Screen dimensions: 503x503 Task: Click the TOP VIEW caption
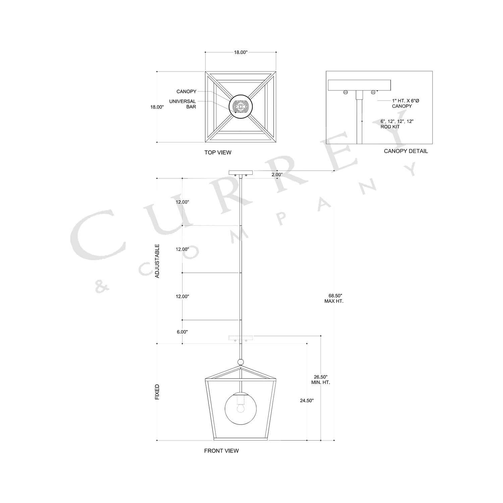(x=218, y=153)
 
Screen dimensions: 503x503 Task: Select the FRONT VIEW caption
(x=221, y=451)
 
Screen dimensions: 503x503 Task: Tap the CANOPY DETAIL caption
(x=406, y=151)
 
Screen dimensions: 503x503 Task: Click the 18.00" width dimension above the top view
(x=240, y=52)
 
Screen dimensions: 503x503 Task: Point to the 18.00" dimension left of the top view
(x=157, y=107)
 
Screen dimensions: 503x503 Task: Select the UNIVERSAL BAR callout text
(x=183, y=104)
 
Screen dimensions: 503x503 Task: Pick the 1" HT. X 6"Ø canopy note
(x=405, y=103)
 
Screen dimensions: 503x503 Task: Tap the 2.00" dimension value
(x=277, y=175)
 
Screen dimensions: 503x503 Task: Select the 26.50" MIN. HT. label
(x=321, y=380)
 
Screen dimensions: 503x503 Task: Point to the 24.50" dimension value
(x=307, y=400)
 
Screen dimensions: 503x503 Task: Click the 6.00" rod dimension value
(x=182, y=332)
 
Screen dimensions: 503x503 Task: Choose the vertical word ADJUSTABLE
(x=157, y=261)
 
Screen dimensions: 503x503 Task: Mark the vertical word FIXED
(x=157, y=392)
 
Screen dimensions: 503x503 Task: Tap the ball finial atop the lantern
(x=240, y=362)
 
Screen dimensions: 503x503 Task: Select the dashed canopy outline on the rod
(x=240, y=338)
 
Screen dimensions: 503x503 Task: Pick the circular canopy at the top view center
(x=240, y=107)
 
